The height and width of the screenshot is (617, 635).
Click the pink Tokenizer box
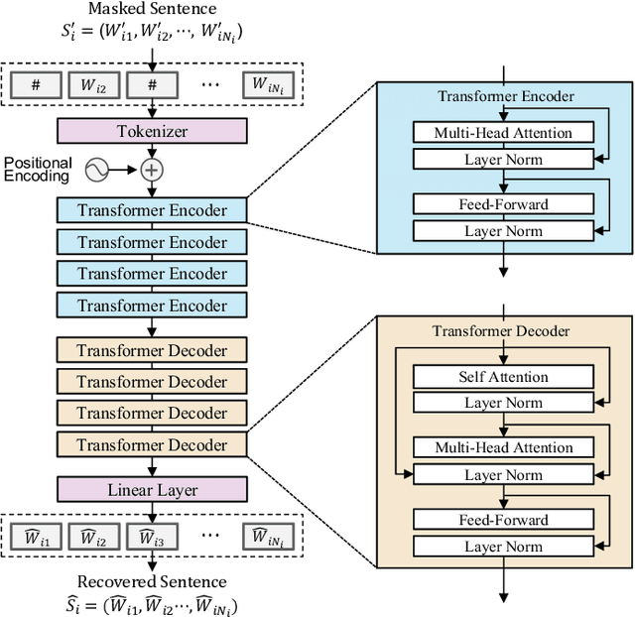click(152, 131)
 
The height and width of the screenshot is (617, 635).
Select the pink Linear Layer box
click(152, 490)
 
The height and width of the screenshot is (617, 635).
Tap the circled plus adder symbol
click(152, 170)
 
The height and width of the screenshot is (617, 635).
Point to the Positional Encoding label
click(37, 169)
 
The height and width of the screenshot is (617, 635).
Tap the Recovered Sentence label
click(152, 581)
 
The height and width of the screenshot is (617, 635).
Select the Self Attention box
click(503, 377)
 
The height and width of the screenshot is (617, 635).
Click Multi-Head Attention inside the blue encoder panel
click(503, 133)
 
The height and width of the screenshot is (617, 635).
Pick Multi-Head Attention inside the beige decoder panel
click(503, 448)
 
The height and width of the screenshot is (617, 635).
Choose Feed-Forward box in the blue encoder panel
click(503, 204)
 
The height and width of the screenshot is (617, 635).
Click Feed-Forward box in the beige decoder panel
click(503, 520)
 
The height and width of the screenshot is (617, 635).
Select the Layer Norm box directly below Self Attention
click(503, 403)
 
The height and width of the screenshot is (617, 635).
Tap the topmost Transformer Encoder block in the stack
click(152, 210)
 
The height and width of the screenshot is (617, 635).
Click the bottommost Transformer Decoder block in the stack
click(152, 444)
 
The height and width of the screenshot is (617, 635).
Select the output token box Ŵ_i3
click(152, 538)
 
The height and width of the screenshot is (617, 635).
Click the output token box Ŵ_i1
click(36, 538)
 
